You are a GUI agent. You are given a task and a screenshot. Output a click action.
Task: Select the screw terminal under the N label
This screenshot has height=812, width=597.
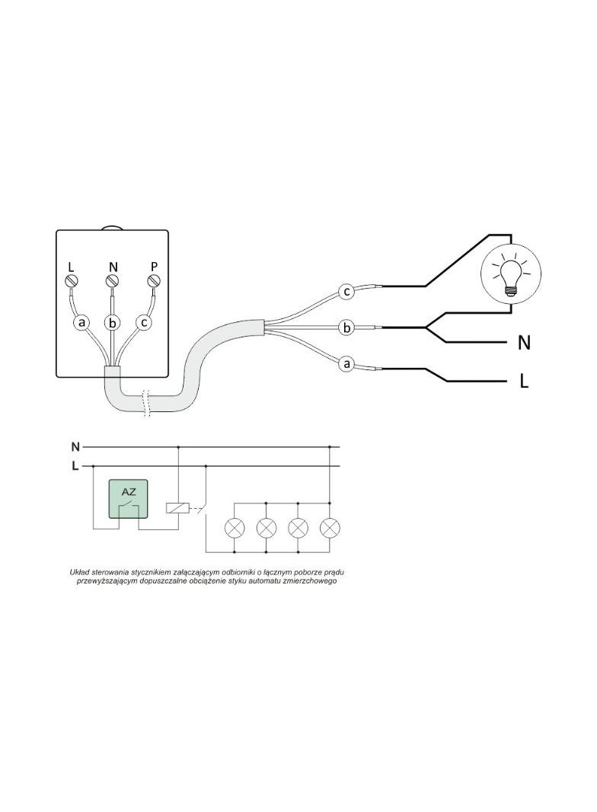click(113, 281)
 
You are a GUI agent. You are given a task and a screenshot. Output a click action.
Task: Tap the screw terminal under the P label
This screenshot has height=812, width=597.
click(154, 281)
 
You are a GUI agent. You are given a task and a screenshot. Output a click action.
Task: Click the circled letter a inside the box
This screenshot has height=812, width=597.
click(81, 323)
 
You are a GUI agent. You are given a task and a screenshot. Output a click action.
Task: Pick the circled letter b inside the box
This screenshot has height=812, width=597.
click(112, 323)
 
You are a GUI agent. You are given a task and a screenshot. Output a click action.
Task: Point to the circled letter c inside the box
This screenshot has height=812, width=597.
click(144, 323)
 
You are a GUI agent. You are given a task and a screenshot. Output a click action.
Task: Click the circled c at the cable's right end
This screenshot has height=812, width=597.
click(347, 292)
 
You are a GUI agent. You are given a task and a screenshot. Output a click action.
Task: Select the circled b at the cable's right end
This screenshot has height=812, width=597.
click(347, 328)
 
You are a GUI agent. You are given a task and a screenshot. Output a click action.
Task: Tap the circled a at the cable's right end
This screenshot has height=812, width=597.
click(347, 364)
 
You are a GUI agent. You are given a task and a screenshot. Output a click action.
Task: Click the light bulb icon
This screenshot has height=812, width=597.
click(511, 273)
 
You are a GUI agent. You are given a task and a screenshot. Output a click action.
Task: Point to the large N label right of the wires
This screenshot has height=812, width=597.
click(524, 343)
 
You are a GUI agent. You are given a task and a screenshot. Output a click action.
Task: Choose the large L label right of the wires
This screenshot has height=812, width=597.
click(524, 382)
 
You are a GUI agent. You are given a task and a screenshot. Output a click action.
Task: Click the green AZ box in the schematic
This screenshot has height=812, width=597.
click(129, 499)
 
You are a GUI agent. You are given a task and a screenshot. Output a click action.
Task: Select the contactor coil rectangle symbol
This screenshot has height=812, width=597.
click(177, 508)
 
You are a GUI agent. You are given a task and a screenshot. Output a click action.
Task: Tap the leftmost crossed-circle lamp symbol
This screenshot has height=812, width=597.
click(235, 528)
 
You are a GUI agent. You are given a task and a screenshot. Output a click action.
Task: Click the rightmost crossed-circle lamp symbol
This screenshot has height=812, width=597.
click(330, 528)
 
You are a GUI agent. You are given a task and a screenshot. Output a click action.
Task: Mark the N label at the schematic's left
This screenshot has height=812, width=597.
click(75, 446)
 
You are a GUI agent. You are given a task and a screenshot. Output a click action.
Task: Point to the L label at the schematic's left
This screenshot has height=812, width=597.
click(75, 466)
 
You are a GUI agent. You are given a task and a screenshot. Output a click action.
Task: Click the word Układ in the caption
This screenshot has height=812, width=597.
click(79, 572)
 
